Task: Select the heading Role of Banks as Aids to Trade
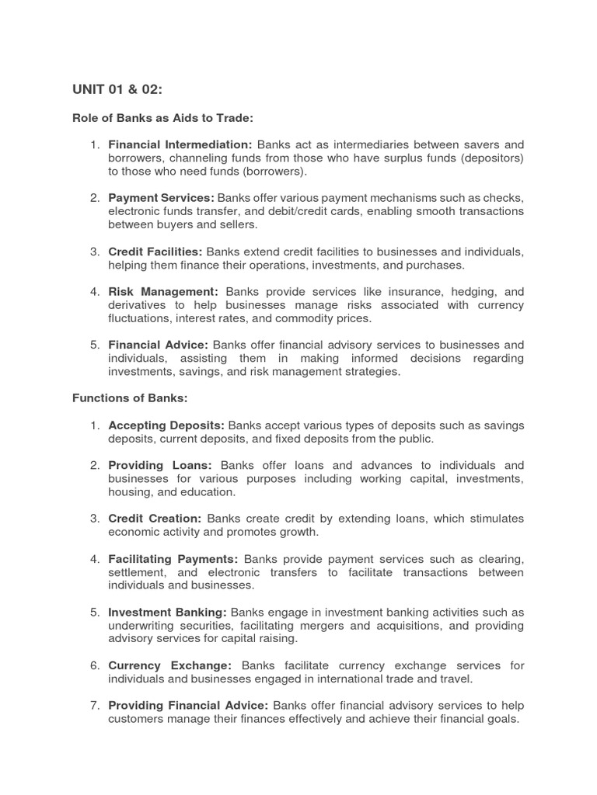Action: click(x=163, y=117)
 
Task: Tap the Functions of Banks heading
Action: click(x=130, y=398)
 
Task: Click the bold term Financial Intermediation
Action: click(x=180, y=144)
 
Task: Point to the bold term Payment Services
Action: click(x=161, y=199)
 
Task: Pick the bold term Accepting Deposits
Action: click(x=166, y=425)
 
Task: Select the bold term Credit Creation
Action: click(x=155, y=518)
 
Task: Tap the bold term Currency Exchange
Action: click(x=169, y=665)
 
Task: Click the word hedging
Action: click(x=471, y=292)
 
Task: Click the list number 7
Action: click(x=93, y=706)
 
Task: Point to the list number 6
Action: click(x=93, y=665)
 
